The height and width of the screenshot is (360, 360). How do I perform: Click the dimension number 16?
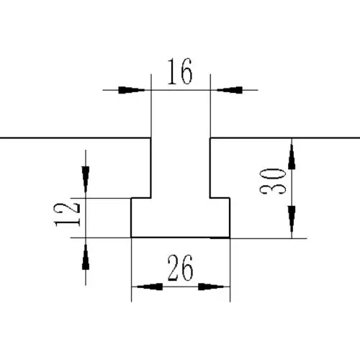[180, 71]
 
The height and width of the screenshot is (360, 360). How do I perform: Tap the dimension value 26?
[180, 268]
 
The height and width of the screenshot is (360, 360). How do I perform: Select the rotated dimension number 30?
[273, 181]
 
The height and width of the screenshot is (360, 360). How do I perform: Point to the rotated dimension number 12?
[67, 215]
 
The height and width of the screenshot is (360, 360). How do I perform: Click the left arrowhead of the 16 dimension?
[132, 90]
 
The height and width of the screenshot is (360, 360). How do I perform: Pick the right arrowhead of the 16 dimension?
[230, 90]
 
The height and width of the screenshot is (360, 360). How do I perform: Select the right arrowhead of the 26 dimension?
[211, 287]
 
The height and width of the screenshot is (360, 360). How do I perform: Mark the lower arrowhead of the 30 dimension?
[292, 219]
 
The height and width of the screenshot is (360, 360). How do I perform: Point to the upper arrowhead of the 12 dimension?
[86, 179]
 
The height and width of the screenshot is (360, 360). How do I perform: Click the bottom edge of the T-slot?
[181, 238]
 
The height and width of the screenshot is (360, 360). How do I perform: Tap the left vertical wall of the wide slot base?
[131, 217]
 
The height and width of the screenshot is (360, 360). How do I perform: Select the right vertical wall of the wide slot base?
[230, 217]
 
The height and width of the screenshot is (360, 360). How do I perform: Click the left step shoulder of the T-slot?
[141, 198]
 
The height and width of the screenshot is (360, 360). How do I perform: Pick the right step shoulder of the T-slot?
[220, 198]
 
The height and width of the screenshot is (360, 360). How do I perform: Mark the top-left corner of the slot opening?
[150, 138]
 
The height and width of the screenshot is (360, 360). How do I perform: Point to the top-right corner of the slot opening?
[210, 138]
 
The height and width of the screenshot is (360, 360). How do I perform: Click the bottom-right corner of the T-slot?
[230, 238]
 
